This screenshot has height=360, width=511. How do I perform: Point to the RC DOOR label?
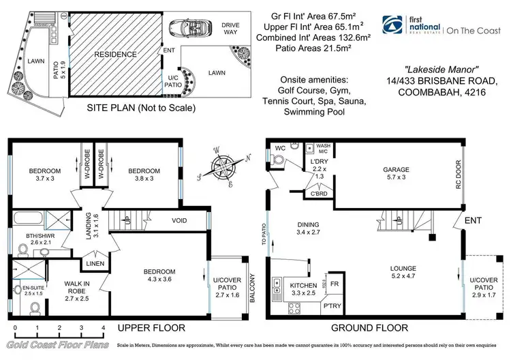click(x=459, y=175)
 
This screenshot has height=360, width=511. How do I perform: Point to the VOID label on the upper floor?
click(x=180, y=220)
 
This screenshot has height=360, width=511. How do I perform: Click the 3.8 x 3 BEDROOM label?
click(x=144, y=175)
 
